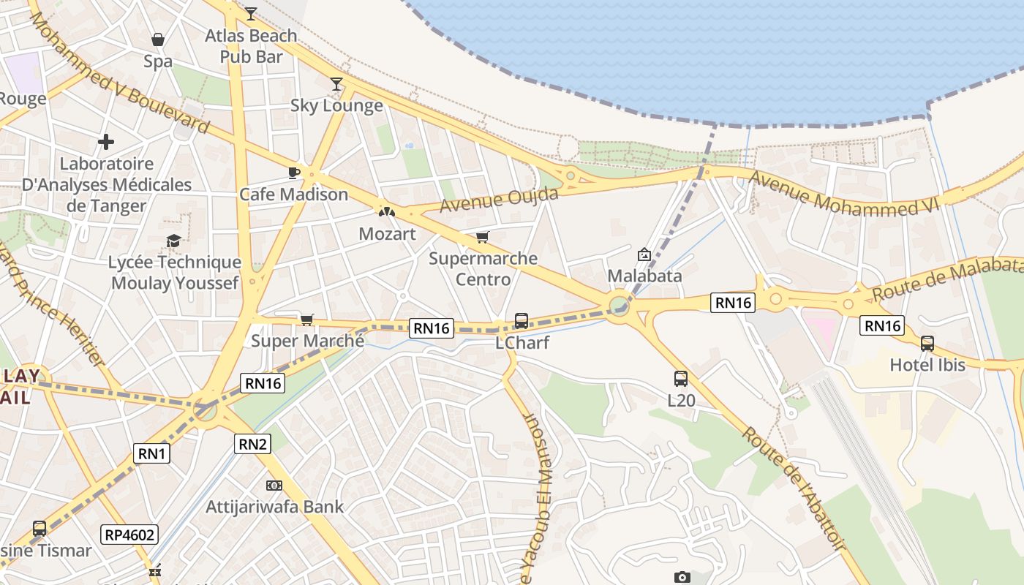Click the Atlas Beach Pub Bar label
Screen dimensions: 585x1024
coord(251,45)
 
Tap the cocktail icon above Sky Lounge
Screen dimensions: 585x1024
coord(336,84)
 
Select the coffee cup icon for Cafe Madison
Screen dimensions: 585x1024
coord(293,173)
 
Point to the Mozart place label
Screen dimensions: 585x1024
coord(387,234)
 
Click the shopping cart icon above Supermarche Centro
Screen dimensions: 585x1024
coord(482,237)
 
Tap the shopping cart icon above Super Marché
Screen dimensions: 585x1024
coord(307,320)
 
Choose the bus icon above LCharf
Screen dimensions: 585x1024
coord(522,320)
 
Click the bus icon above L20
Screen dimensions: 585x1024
coord(681,379)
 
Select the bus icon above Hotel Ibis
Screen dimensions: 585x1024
coord(927,343)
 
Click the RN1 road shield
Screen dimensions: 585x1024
coord(152,453)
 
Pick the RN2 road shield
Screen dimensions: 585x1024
coord(252,443)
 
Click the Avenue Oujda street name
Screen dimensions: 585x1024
coord(499,199)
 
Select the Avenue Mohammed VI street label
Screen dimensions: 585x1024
coord(843,195)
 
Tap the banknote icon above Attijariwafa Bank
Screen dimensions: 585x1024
coord(274,485)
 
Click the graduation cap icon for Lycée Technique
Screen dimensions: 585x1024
coord(173,241)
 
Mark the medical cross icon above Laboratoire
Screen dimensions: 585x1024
coord(106,141)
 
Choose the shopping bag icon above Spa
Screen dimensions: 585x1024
coord(158,39)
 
